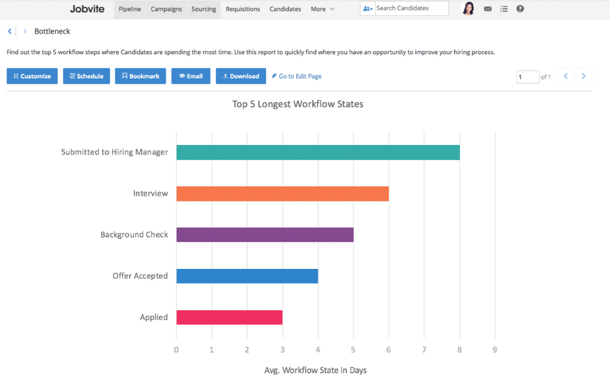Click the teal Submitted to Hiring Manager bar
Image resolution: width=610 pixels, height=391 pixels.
pos(318,153)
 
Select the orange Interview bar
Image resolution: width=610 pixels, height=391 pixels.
pos(282,193)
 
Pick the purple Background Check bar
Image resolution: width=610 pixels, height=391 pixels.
pos(264,235)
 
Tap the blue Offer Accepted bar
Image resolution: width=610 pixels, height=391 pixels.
pos(247,276)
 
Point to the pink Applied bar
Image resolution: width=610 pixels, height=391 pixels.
pos(229,317)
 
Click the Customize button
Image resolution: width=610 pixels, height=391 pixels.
pos(32,76)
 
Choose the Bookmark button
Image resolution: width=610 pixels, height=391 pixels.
pos(140,76)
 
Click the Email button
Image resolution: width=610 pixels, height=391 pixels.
pos(191,76)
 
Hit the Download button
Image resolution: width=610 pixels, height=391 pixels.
pos(241,76)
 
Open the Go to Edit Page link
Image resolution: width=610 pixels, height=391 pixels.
pos(297,76)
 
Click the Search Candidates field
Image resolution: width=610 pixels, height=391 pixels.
pos(410,9)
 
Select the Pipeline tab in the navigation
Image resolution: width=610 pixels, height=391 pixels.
pos(130,9)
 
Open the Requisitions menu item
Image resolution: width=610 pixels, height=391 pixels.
pos(243,9)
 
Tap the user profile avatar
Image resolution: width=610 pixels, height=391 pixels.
pos(468,9)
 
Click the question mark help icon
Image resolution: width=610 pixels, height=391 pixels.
pos(520,9)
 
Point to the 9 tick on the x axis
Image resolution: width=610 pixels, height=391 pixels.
pos(494,349)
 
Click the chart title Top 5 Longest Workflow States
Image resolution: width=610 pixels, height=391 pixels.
pos(298,104)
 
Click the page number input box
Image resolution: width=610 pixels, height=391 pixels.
pos(527,77)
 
